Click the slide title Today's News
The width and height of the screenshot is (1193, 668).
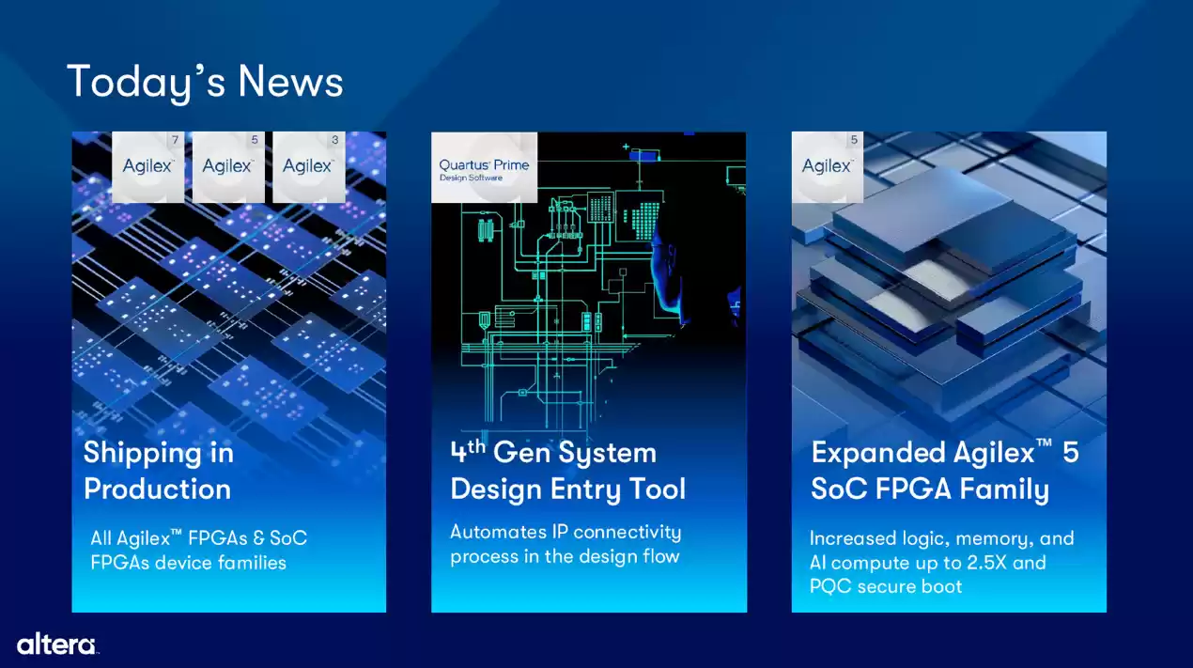[205, 82]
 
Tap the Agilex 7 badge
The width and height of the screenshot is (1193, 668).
[148, 166]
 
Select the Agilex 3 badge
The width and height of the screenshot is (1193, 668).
[308, 166]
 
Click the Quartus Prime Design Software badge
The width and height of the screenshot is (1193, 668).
[484, 168]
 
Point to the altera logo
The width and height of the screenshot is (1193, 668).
[56, 644]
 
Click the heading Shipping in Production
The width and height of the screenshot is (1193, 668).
[158, 471]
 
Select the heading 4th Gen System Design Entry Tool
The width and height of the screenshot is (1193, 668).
[567, 471]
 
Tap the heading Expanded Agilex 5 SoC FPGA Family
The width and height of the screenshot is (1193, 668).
[944, 471]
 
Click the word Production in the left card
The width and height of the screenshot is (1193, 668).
[157, 489]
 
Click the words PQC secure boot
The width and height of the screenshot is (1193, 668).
[886, 586]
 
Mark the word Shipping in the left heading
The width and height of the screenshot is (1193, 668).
[142, 453]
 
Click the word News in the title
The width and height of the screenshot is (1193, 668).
[290, 82]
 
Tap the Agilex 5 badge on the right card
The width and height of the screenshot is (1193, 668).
[828, 166]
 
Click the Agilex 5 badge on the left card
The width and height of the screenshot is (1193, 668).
[228, 166]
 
